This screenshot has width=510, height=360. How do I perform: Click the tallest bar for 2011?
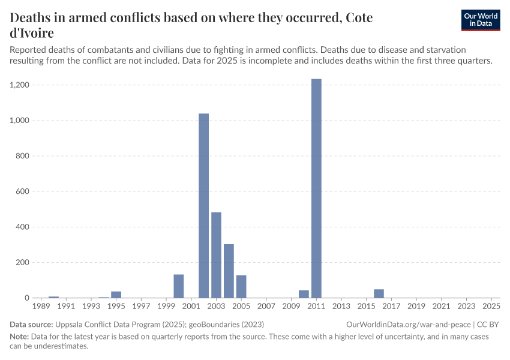pyautogui.click(x=316, y=188)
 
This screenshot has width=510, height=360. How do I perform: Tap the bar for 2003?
pyautogui.click(x=216, y=255)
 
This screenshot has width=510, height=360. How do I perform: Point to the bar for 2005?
pyautogui.click(x=241, y=287)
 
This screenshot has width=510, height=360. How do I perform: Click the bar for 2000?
pyautogui.click(x=179, y=286)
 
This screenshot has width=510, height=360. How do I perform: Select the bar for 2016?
pyautogui.click(x=379, y=293)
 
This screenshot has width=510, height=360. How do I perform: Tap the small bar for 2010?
pyautogui.click(x=304, y=294)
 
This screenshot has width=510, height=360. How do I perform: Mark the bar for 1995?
pyautogui.click(x=116, y=295)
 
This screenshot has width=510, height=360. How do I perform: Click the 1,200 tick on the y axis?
pyautogui.click(x=20, y=85)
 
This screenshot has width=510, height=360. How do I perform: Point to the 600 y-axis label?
pyautogui.click(x=23, y=191)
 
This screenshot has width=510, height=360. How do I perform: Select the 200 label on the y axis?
pyautogui.click(x=23, y=262)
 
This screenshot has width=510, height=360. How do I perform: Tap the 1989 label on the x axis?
pyautogui.click(x=41, y=306)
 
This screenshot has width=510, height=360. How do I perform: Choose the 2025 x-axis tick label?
pyautogui.click(x=491, y=306)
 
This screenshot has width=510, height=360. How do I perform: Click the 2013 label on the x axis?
pyautogui.click(x=341, y=306)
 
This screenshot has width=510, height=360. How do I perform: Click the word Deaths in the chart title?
pyautogui.click(x=31, y=17)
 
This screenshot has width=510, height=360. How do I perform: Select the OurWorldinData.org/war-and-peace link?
pyautogui.click(x=408, y=324)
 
